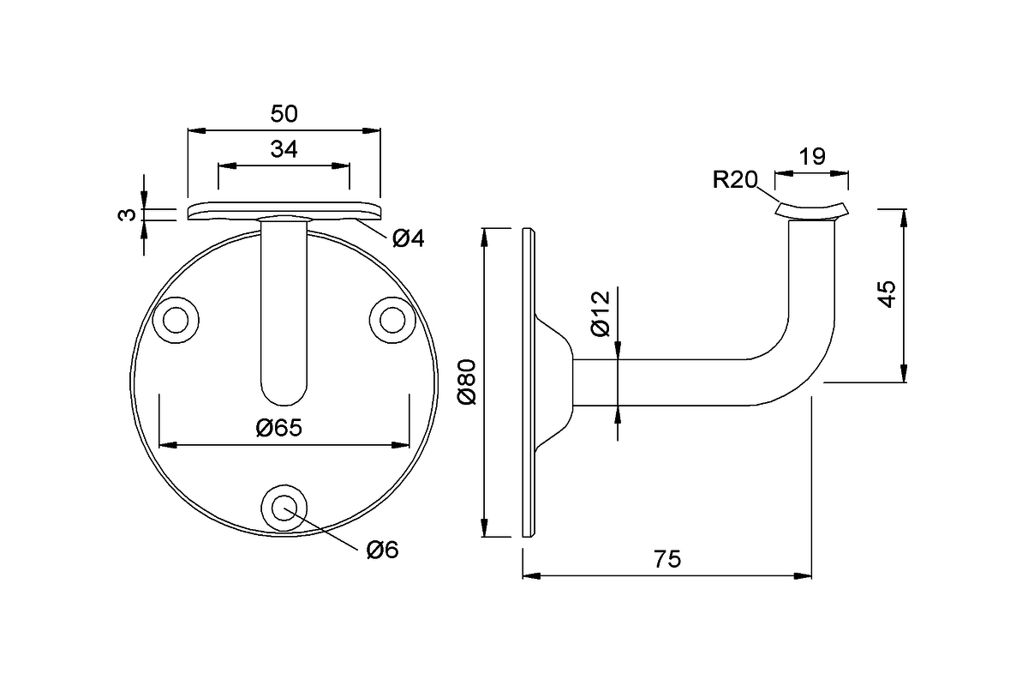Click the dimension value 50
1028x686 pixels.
pos(284,114)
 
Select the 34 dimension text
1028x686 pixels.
pos(284,149)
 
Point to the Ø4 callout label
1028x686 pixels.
pos(409,239)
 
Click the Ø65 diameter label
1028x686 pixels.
pos(279,428)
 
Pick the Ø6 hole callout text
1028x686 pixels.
pos(382,550)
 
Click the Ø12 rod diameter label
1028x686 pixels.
pos(600,315)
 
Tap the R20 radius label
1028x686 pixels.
pos(735,179)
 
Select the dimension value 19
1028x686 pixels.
pos(811,156)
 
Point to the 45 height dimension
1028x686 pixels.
pos(887,294)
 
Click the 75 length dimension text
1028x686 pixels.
pos(666,559)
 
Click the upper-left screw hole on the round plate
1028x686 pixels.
pos(176,320)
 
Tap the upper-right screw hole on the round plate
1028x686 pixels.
pos(392,320)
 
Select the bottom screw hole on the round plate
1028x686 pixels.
pos(284,507)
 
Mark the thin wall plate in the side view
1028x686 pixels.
pos(529,382)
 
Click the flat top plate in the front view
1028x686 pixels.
pos(284,211)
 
